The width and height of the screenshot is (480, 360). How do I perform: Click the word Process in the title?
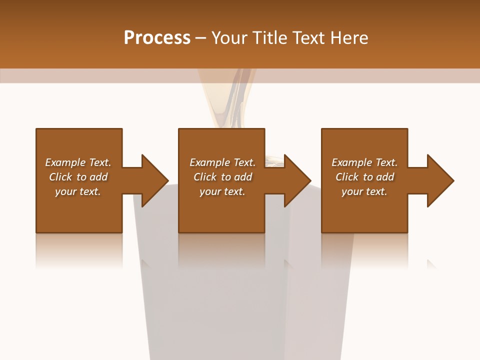(x=157, y=38)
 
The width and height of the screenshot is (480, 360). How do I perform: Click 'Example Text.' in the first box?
(x=78, y=162)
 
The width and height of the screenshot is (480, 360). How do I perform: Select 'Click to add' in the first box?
(x=78, y=177)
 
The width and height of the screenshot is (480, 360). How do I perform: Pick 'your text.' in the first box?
(x=78, y=191)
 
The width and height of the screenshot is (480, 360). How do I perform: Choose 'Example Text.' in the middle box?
(x=222, y=162)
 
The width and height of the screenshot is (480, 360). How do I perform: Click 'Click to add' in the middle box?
(x=222, y=177)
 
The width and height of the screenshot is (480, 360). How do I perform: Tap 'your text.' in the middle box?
(x=222, y=191)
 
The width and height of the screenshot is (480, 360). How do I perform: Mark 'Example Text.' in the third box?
(x=364, y=162)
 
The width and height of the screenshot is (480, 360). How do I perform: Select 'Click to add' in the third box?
(x=364, y=177)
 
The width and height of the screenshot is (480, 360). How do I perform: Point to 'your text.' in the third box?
(x=364, y=191)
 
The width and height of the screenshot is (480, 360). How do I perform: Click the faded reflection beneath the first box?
(x=79, y=250)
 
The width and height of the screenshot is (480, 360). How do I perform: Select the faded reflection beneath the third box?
(x=364, y=250)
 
